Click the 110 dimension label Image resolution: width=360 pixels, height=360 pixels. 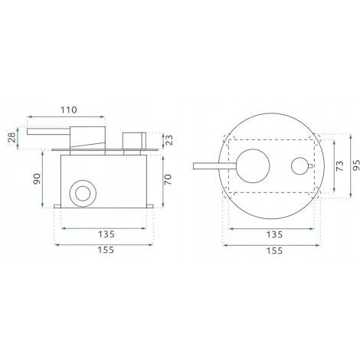69,110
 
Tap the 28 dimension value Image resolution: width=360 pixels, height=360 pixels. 11,138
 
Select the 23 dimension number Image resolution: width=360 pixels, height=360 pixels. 169,140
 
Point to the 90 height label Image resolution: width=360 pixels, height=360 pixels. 37,178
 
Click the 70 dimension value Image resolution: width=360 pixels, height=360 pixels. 168,179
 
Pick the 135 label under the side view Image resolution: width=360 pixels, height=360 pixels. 106,234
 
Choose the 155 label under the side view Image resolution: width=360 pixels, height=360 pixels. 106,250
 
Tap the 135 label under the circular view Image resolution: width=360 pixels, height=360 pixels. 274,234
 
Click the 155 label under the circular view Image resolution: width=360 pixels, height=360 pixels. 274,250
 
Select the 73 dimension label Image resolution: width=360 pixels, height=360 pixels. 340,166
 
